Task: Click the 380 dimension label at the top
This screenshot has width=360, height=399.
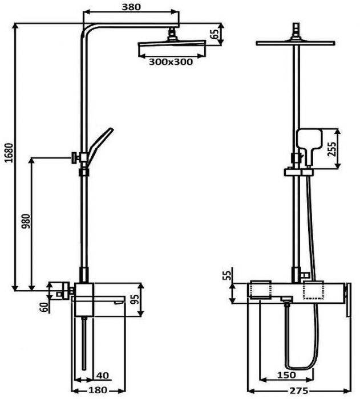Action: click(131, 7)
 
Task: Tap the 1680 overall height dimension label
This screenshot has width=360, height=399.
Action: click(9, 153)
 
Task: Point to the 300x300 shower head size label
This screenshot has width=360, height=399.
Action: click(171, 62)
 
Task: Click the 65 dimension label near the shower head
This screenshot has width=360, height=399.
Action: click(215, 34)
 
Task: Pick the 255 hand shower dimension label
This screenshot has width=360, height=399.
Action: click(331, 149)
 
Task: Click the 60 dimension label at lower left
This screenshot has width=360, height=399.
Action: click(44, 307)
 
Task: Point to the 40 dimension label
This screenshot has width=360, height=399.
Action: click(103, 375)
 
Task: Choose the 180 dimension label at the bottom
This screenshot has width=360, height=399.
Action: click(98, 390)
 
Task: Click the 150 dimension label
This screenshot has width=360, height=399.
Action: click(286, 375)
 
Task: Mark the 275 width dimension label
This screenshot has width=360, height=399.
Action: click(298, 390)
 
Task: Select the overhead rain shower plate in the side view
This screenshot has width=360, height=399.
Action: click(172, 45)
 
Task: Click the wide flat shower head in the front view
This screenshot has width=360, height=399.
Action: click(296, 43)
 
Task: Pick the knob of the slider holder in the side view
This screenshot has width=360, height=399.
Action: click(75, 158)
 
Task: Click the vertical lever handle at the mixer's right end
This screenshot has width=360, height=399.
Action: click(348, 300)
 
